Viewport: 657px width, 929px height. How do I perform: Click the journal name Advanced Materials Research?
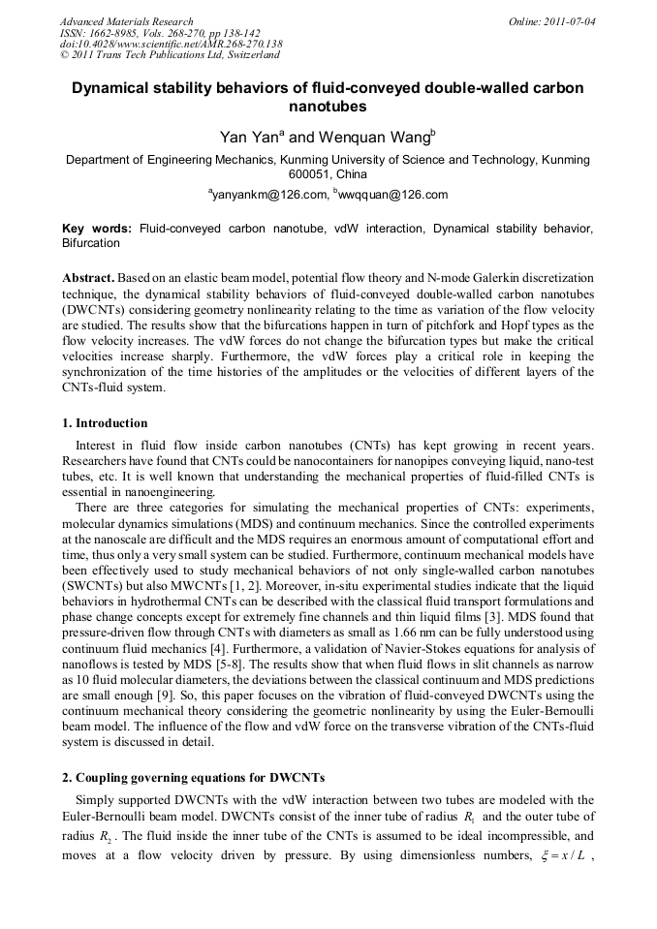[126, 20]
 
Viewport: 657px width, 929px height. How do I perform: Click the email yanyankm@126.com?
[268, 195]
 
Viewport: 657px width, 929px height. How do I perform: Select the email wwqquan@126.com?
[393, 195]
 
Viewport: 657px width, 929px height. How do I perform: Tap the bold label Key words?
[97, 229]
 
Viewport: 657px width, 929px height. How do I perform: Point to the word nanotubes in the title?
[328, 106]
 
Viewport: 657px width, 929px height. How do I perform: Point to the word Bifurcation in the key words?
[90, 243]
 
